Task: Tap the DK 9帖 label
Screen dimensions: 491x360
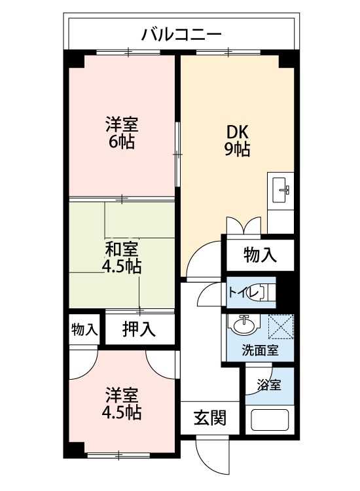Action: pyautogui.click(x=236, y=139)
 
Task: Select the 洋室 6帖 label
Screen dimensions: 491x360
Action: pyautogui.click(x=122, y=133)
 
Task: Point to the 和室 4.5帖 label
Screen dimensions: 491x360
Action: pyautogui.click(x=122, y=257)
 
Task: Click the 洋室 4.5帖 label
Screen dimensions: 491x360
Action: pyautogui.click(x=122, y=404)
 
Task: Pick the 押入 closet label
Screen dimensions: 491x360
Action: pyautogui.click(x=139, y=329)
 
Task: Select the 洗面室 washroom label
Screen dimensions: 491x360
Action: pyautogui.click(x=260, y=350)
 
